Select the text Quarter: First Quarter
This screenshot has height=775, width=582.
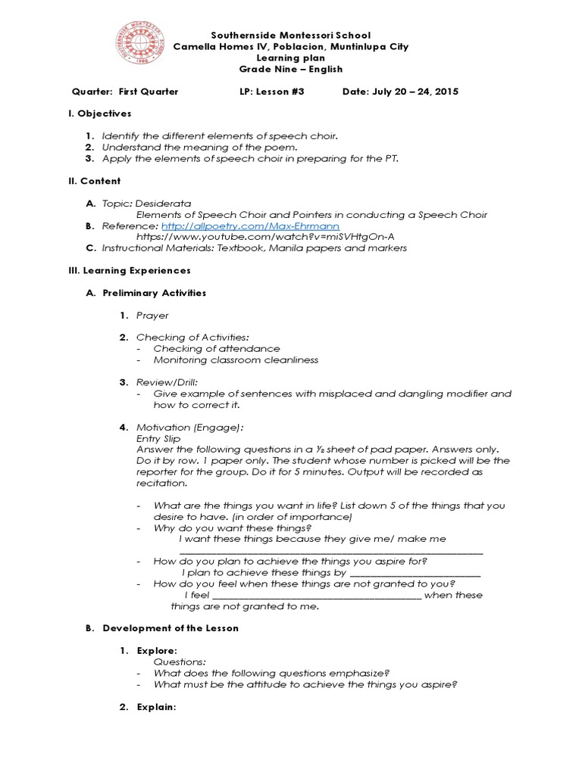click(125, 92)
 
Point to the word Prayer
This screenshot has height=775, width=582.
click(152, 315)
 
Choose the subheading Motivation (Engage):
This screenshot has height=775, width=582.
click(189, 427)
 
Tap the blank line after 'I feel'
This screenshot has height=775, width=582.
click(316, 595)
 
